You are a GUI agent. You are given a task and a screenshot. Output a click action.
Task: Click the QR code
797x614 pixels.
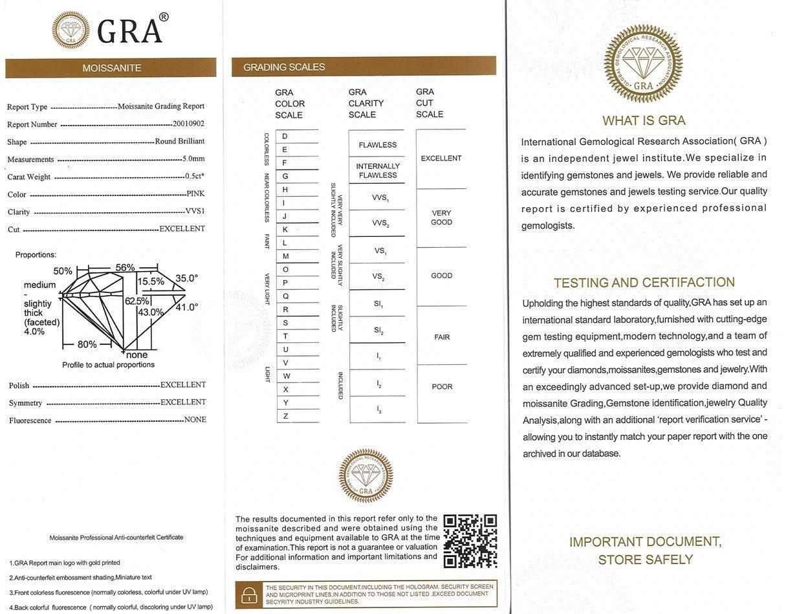470,541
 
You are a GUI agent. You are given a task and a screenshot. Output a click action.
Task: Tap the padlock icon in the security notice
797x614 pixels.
249,594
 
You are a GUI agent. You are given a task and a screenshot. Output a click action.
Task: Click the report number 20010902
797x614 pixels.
188,124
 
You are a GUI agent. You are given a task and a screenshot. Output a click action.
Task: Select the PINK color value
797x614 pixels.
195,193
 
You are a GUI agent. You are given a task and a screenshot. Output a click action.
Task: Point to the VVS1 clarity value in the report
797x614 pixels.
195,211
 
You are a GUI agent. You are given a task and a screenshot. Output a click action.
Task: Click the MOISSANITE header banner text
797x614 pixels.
111,68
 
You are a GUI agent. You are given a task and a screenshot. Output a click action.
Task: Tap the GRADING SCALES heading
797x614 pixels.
284,67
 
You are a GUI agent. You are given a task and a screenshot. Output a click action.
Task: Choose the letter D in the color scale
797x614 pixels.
285,136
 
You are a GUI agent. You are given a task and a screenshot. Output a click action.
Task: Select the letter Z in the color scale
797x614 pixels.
285,416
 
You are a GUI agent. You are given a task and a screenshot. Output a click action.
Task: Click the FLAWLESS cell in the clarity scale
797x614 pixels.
378,145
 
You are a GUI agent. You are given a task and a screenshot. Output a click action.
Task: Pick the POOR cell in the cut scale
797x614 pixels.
442,387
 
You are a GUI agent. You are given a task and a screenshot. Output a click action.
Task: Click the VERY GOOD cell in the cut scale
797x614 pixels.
441,217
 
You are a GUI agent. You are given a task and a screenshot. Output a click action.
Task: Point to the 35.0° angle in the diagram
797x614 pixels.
186,278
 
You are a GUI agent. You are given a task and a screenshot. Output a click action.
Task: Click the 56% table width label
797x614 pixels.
125,267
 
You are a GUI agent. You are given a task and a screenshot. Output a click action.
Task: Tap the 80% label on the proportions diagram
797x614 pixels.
87,344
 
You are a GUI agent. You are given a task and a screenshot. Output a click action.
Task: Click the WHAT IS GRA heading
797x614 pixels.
643,120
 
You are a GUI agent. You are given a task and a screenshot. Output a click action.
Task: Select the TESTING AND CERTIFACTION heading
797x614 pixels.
644,282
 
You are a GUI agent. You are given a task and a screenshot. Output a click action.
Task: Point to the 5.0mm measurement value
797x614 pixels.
193,159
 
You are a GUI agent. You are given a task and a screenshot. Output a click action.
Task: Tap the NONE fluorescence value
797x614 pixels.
195,419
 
